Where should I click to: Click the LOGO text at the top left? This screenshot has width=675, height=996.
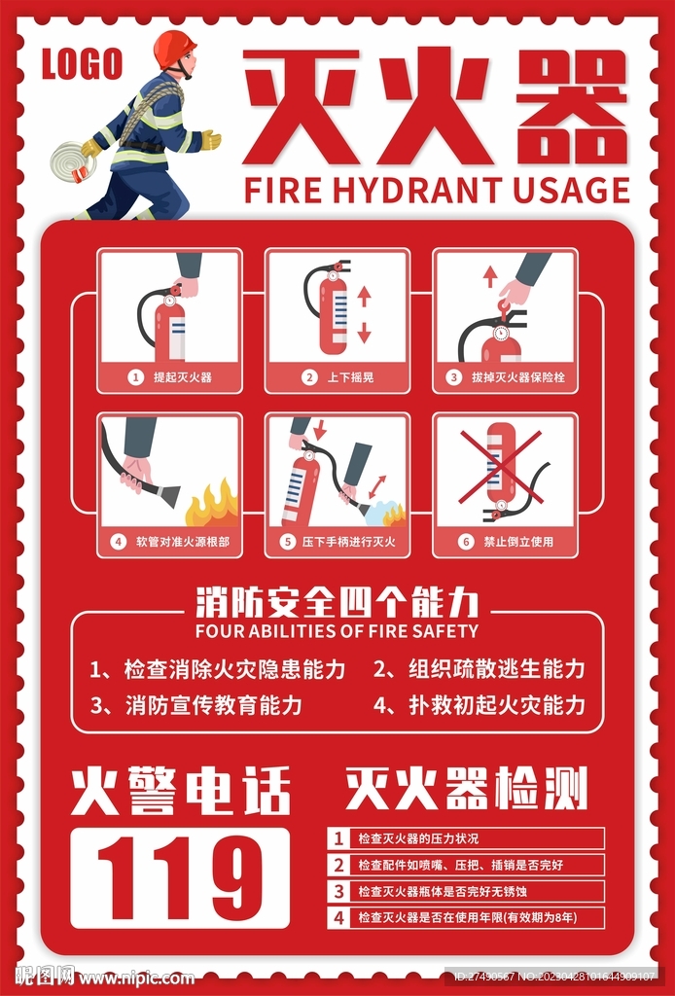pos(82,64)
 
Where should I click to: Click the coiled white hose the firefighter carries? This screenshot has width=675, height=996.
pos(72,160)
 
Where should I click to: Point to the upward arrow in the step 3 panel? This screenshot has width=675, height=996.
pos(489,275)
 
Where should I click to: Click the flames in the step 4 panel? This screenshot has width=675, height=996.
pos(212,504)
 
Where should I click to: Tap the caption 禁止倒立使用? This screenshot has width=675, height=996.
pos(518,542)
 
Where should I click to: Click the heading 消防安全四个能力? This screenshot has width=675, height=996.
pos(337,603)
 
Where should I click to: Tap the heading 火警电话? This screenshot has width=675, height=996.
pos(181,791)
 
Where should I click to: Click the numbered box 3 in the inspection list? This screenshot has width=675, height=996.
pos(338,891)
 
